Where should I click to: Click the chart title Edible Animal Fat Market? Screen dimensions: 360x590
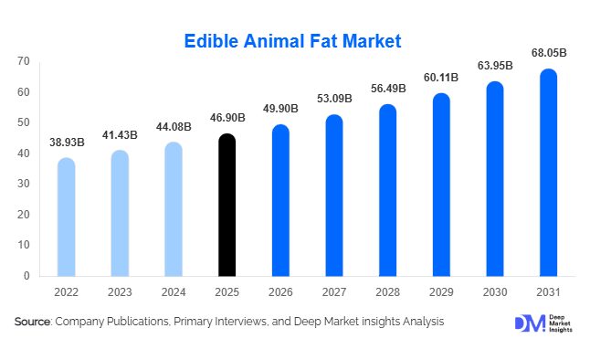[x=293, y=41]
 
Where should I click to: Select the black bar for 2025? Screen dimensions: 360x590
[x=227, y=205]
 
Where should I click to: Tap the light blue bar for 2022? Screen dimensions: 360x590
[x=66, y=217]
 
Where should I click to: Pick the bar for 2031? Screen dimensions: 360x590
[x=548, y=173]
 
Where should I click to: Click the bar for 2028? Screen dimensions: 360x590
[x=387, y=190]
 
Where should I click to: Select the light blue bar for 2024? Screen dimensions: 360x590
[x=174, y=209]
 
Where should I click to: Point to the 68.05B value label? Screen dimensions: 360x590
[x=548, y=54]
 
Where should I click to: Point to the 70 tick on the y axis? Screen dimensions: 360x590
[x=23, y=61]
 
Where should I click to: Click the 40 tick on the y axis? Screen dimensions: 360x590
[x=23, y=154]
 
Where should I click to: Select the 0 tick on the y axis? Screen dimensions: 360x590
[x=26, y=276]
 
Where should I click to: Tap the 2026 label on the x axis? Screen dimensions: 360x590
[x=280, y=291]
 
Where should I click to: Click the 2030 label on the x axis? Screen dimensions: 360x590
[x=495, y=291]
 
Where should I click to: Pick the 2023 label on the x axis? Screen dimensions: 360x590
[x=120, y=291]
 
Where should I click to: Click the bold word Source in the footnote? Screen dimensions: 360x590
[x=33, y=322]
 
